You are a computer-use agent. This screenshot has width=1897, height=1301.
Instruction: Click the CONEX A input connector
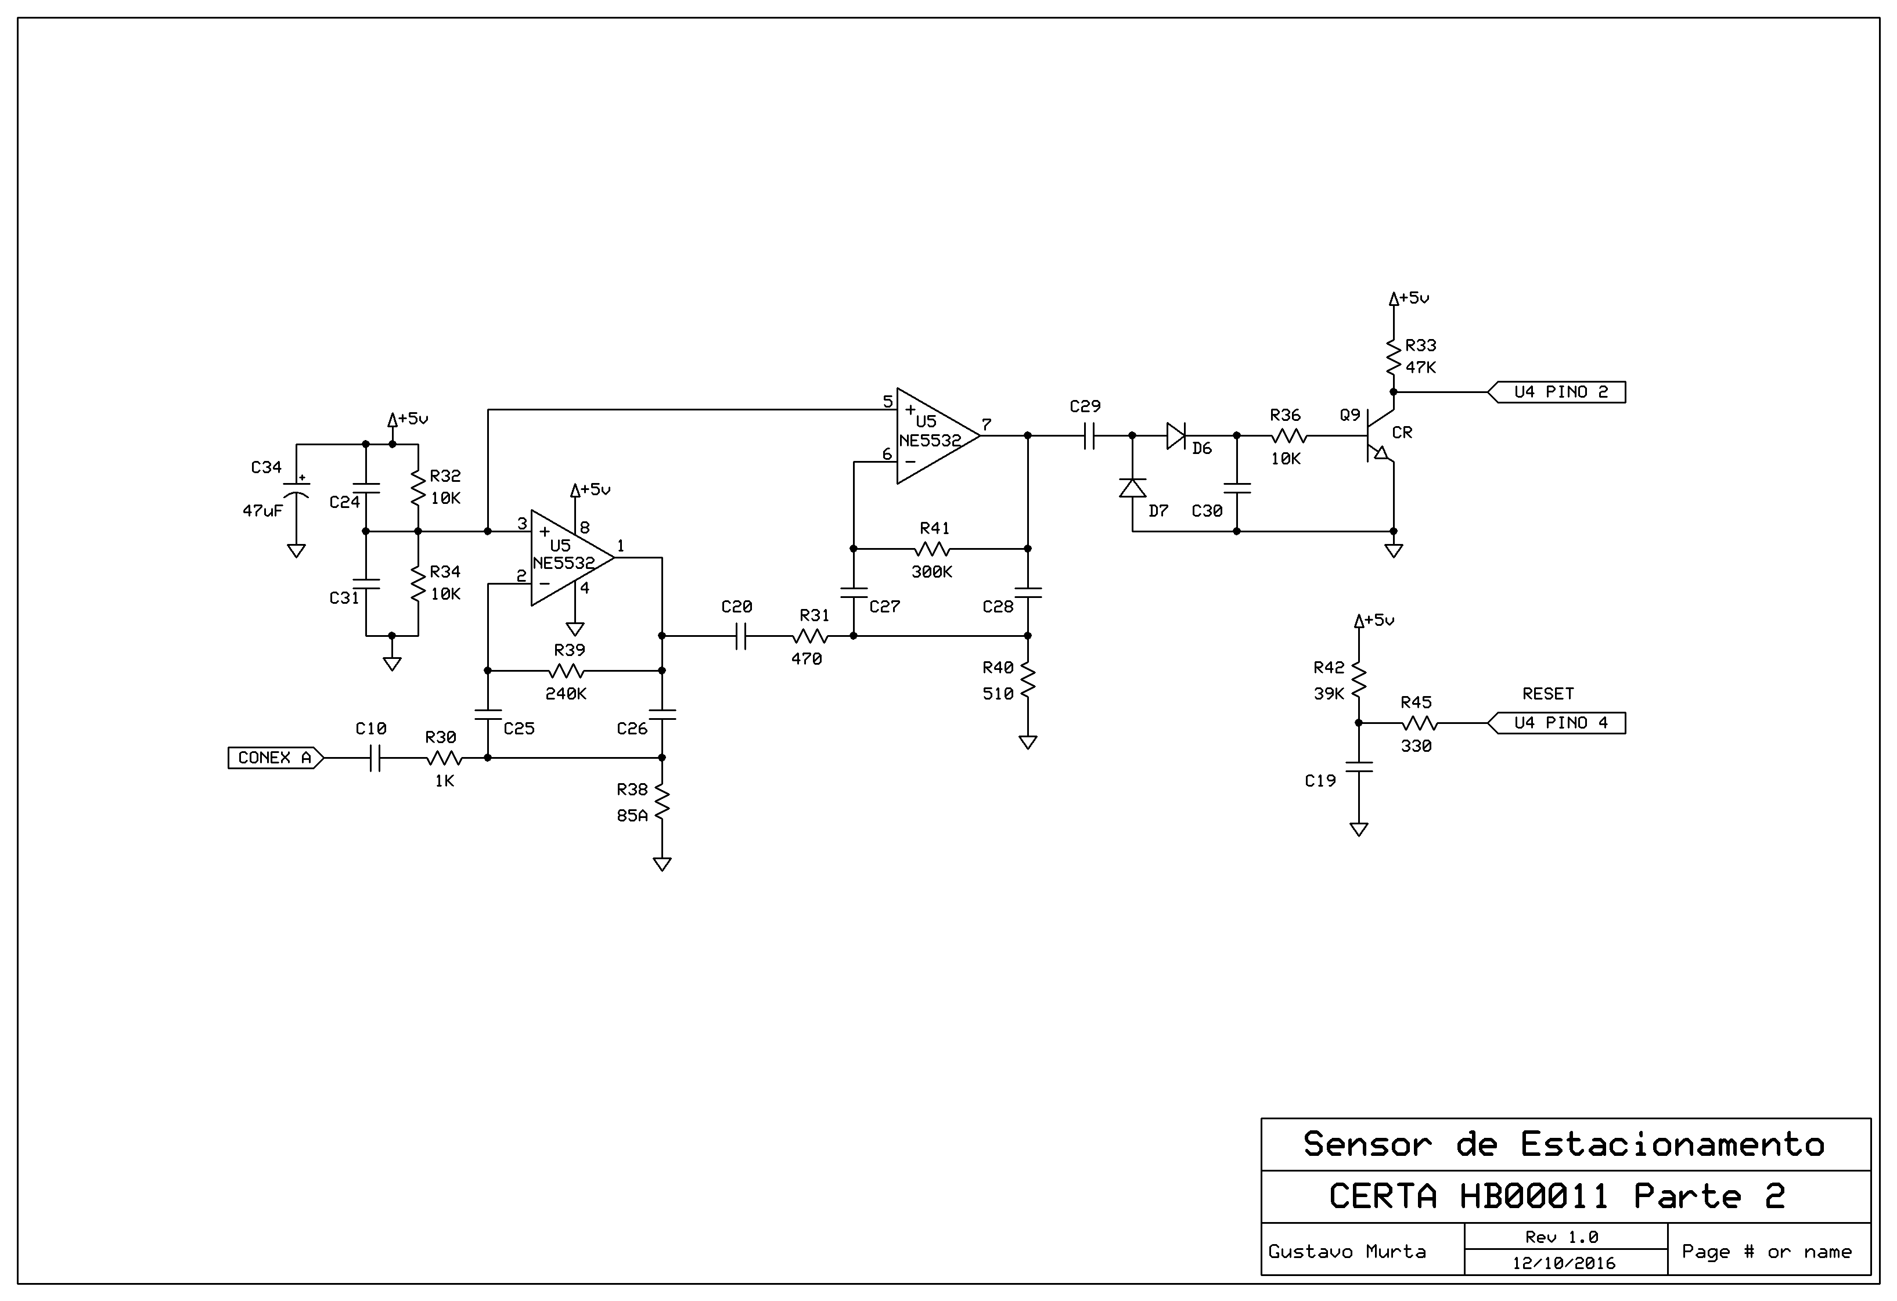276,758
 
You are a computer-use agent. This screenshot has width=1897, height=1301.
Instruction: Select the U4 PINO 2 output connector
1556,392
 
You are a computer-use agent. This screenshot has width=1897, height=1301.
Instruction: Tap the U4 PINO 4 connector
1556,723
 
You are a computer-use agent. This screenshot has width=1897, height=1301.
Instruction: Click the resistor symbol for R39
567,671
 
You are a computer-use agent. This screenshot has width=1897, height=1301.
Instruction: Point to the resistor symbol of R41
932,549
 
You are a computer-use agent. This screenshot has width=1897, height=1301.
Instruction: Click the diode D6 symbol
1176,437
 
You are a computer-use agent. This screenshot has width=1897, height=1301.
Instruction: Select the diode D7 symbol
1132,488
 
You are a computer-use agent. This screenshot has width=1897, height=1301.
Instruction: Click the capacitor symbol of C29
1089,437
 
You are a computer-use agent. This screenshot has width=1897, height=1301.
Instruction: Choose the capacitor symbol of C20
740,636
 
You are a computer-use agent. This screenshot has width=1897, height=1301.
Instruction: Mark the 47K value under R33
1420,368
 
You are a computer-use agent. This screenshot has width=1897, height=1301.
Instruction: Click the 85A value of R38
632,815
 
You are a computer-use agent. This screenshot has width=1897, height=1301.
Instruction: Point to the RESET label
1547,694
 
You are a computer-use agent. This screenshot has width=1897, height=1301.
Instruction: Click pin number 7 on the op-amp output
986,424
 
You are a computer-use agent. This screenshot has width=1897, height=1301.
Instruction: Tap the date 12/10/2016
1564,1263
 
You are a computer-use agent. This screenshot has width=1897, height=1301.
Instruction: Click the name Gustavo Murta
1347,1251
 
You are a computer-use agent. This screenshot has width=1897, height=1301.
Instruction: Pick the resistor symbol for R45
1420,723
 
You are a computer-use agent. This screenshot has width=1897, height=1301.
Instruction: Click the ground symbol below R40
1028,742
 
